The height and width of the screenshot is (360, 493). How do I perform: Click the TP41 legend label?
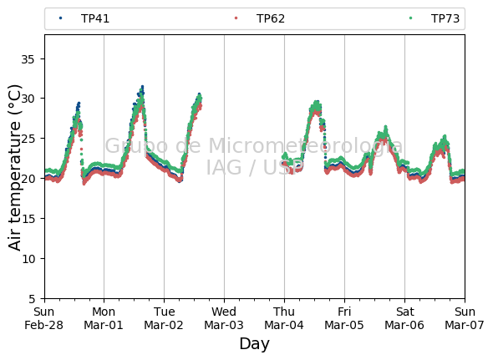pyautogui.click(x=95, y=19)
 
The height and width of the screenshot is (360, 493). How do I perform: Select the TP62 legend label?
pyautogui.click(x=271, y=19)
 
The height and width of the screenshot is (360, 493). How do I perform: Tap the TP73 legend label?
pyautogui.click(x=445, y=19)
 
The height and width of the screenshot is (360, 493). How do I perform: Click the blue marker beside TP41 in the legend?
pyautogui.click(x=61, y=18)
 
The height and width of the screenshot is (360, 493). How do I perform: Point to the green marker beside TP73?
pyautogui.click(x=410, y=18)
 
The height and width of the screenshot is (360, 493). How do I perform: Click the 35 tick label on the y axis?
pyautogui.click(x=28, y=59)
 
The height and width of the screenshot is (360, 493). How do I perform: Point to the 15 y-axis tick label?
pyautogui.click(x=28, y=219)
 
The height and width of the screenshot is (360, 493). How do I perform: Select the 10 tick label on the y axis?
pyautogui.click(x=28, y=258)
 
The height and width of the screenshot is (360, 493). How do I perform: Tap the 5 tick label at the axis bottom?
pyautogui.click(x=32, y=299)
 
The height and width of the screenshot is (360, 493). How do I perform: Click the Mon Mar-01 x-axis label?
pyautogui.click(x=104, y=318)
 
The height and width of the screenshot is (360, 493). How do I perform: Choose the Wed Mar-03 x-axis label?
pyautogui.click(x=224, y=318)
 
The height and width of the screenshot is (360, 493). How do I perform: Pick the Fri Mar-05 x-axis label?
pyautogui.click(x=344, y=318)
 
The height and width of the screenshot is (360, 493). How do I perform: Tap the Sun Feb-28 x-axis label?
pyautogui.click(x=43, y=318)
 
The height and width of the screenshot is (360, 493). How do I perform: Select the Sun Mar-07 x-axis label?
pyautogui.click(x=465, y=318)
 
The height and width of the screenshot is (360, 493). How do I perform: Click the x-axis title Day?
pyautogui.click(x=254, y=344)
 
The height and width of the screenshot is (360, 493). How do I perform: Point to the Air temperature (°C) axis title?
pyautogui.click(x=14, y=168)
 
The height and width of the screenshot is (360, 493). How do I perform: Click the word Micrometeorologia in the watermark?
pyautogui.click(x=305, y=146)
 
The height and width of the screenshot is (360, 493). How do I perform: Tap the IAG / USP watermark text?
pyautogui.click(x=254, y=167)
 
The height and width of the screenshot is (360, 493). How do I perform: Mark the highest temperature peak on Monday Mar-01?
pyautogui.click(x=142, y=86)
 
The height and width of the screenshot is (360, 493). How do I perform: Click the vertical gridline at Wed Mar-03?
pyautogui.click(x=224, y=167)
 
